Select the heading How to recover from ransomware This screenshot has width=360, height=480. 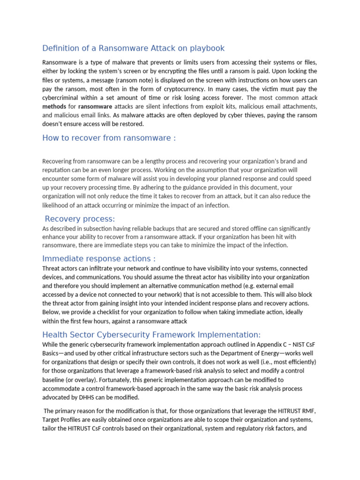pos(109,138)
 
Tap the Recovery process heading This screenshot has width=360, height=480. pos(80,219)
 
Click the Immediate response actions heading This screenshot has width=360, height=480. pos(98,259)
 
